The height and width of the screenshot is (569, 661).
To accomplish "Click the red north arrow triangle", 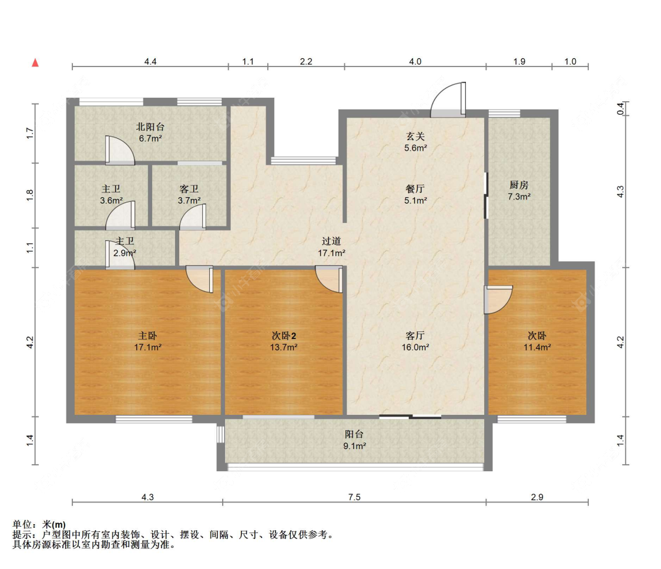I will tap(35, 62).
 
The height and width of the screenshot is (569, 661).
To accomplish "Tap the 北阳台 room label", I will tap(149, 127).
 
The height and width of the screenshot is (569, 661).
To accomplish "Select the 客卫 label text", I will tap(189, 189).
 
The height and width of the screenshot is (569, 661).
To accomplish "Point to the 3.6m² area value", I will tap(111, 200).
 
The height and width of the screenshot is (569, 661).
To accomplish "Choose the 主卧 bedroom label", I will tap(147, 335).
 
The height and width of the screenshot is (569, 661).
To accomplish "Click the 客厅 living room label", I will tap(415, 335).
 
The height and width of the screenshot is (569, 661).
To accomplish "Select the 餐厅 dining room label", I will tap(415, 189).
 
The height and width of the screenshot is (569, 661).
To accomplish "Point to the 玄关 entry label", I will tap(415, 137).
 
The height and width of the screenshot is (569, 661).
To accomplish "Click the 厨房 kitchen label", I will tap(519, 185).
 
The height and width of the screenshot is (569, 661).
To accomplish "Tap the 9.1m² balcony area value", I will tap(354, 446).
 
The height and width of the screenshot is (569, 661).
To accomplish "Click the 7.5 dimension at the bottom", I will tap(354, 497).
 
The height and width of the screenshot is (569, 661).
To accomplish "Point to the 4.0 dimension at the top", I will tap(415, 61).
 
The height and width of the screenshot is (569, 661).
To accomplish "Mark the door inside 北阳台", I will tap(119, 149).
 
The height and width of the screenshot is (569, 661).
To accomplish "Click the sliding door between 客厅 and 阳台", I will tap(410, 417).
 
